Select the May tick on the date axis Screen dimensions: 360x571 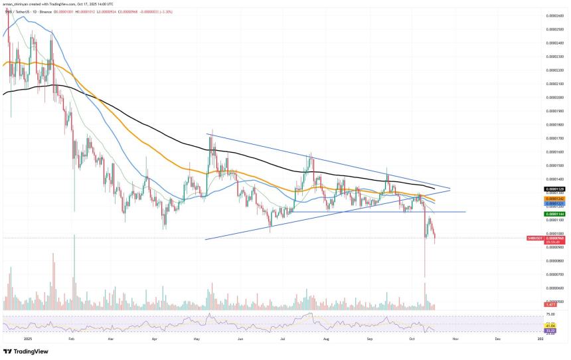pos(197,339)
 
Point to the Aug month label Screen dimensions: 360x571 pos(326,339)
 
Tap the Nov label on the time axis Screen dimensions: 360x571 pos(454,339)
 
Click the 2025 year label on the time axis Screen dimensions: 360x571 pos(27,339)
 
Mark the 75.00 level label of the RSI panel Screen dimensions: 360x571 pos(550,314)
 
